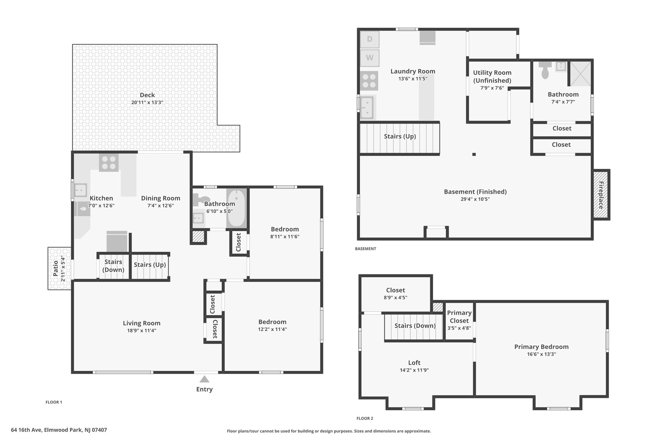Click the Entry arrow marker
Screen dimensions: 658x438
tap(204, 379)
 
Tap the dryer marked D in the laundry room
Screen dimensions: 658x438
tap(369, 39)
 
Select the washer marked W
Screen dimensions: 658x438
tap(369, 58)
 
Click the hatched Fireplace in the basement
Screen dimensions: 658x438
tap(601, 195)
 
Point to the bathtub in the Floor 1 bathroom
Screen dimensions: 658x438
tap(236, 209)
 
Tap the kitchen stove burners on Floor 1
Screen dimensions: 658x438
tap(109, 162)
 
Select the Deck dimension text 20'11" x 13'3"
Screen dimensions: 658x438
tap(147, 103)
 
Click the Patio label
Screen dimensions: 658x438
tap(56, 268)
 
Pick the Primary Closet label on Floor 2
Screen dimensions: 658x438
tap(459, 317)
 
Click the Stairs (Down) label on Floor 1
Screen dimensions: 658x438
tap(113, 266)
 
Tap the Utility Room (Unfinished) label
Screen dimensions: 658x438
tap(492, 77)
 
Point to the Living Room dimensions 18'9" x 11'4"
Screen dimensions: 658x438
tap(141, 331)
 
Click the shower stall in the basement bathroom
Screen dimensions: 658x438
tap(580, 73)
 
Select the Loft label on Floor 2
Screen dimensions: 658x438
tap(414, 363)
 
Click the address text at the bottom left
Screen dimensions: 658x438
tap(59, 430)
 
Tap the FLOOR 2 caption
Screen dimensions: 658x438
tap(365, 418)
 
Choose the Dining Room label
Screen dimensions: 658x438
tap(161, 198)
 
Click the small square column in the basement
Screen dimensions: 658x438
tap(474, 154)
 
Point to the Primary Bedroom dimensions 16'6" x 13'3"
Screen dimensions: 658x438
tap(541, 354)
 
